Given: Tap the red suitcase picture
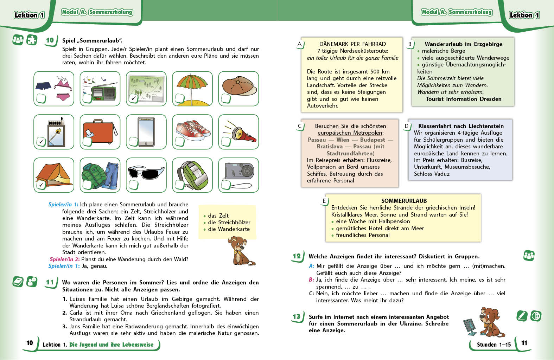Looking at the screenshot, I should pyautogui.click(x=100, y=131).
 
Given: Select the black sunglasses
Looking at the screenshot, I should pyautogui.click(x=146, y=172).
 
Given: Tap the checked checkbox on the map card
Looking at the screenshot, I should pyautogui.click(x=133, y=98).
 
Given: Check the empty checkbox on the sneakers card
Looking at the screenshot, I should pyautogui.click(x=180, y=141).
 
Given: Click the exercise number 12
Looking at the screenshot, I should pyautogui.click(x=297, y=256).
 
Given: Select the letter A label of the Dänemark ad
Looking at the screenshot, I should pyautogui.click(x=299, y=44).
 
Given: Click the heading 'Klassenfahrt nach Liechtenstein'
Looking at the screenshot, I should pyautogui.click(x=461, y=126).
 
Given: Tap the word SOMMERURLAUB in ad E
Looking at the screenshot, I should pyautogui.click(x=404, y=201).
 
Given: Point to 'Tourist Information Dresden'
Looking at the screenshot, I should pyautogui.click(x=463, y=99).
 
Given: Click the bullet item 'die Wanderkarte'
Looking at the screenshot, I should pyautogui.click(x=229, y=229).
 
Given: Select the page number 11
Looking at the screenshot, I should pyautogui.click(x=524, y=343).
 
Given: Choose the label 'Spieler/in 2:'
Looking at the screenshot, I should pyautogui.click(x=65, y=259).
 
